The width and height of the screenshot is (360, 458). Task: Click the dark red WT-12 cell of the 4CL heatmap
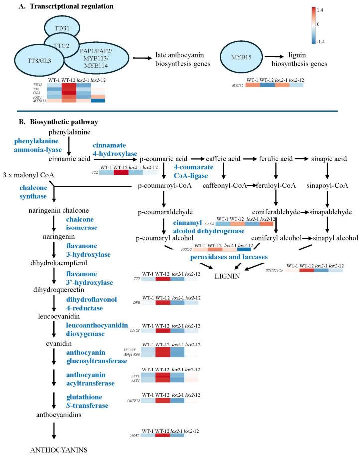click(121, 172)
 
